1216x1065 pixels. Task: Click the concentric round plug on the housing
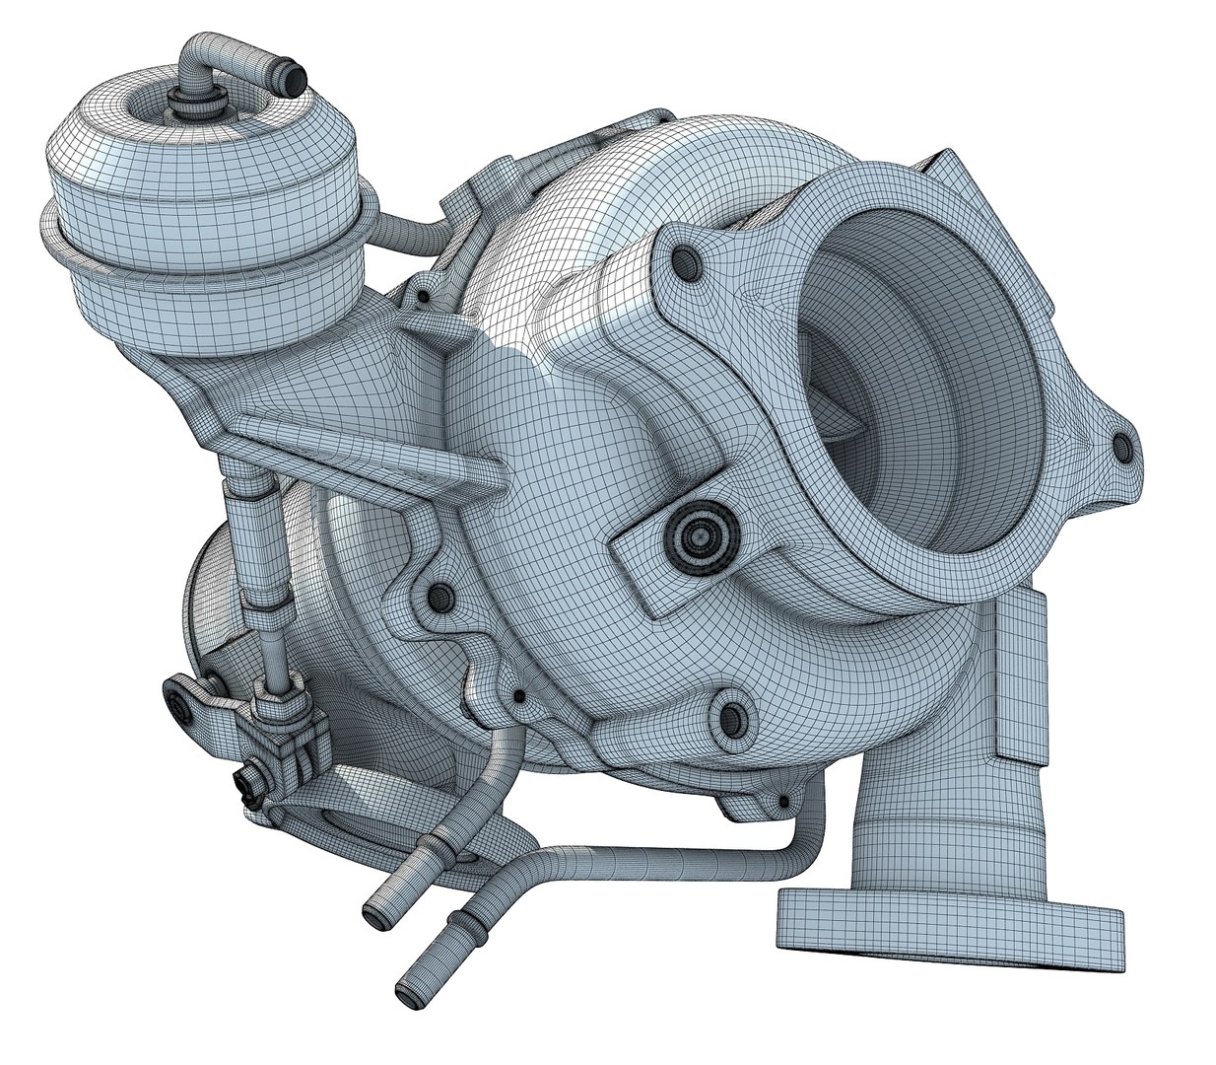[699, 535]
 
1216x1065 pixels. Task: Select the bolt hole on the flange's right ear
[1120, 449]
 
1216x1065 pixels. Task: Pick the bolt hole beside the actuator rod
[439, 595]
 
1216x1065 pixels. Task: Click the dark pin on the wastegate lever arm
[181, 702]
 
